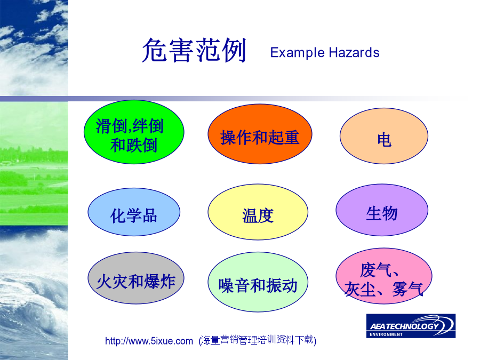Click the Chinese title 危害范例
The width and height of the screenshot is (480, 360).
point(194,50)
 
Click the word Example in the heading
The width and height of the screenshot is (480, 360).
point(297,53)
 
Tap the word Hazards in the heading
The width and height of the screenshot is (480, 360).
point(354,53)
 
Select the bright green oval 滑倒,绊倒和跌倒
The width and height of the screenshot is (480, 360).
point(134,132)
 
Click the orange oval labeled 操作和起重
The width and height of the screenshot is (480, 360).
point(260,134)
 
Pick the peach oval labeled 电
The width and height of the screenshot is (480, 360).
point(384,136)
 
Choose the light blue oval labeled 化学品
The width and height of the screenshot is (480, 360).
point(134,212)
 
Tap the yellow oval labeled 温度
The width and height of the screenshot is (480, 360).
point(258,212)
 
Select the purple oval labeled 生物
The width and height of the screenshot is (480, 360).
point(382,210)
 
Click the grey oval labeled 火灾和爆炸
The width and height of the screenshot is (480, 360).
point(136,278)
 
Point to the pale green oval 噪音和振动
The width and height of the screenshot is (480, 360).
point(258,282)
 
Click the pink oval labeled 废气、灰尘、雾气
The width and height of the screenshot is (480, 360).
point(384,276)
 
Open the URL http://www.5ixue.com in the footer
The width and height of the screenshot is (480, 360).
point(149,341)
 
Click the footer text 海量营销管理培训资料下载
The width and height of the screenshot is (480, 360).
point(258,340)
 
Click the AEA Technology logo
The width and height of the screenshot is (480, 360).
point(411,326)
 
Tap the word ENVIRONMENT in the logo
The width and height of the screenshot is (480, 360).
point(386,334)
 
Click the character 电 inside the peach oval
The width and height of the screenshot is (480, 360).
point(384,140)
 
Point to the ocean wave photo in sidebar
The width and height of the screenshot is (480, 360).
point(34,293)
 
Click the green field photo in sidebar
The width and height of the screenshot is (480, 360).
point(34,164)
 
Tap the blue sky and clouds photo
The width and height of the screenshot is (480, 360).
point(34,48)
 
